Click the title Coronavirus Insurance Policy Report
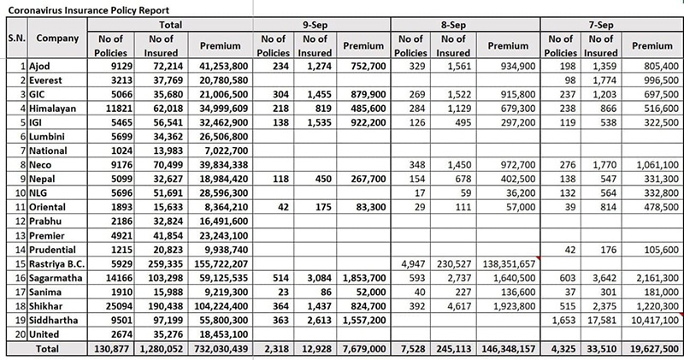89,10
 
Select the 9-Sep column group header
315,25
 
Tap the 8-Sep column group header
453,25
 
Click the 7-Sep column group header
601,25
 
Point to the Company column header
57,38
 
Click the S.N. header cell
16,38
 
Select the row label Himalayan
52,109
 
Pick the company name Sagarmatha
56,278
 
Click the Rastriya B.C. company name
56,264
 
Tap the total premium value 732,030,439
221,349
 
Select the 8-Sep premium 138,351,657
509,264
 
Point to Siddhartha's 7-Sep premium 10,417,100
654,321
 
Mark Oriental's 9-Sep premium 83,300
371,207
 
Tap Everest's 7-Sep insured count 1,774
601,80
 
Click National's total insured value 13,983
168,151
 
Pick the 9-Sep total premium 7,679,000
364,349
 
